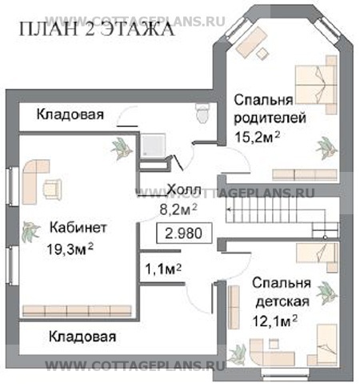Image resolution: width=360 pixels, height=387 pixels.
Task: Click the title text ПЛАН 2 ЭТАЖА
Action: point(95,31)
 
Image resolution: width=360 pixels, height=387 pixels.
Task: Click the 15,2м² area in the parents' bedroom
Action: point(256,137)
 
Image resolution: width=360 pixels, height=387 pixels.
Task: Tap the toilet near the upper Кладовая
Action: point(202,114)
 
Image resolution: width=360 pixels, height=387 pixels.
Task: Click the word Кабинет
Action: point(77,227)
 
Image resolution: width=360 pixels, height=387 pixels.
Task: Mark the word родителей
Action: point(261,118)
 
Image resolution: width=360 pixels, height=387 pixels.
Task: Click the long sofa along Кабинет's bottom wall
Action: point(77,310)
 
